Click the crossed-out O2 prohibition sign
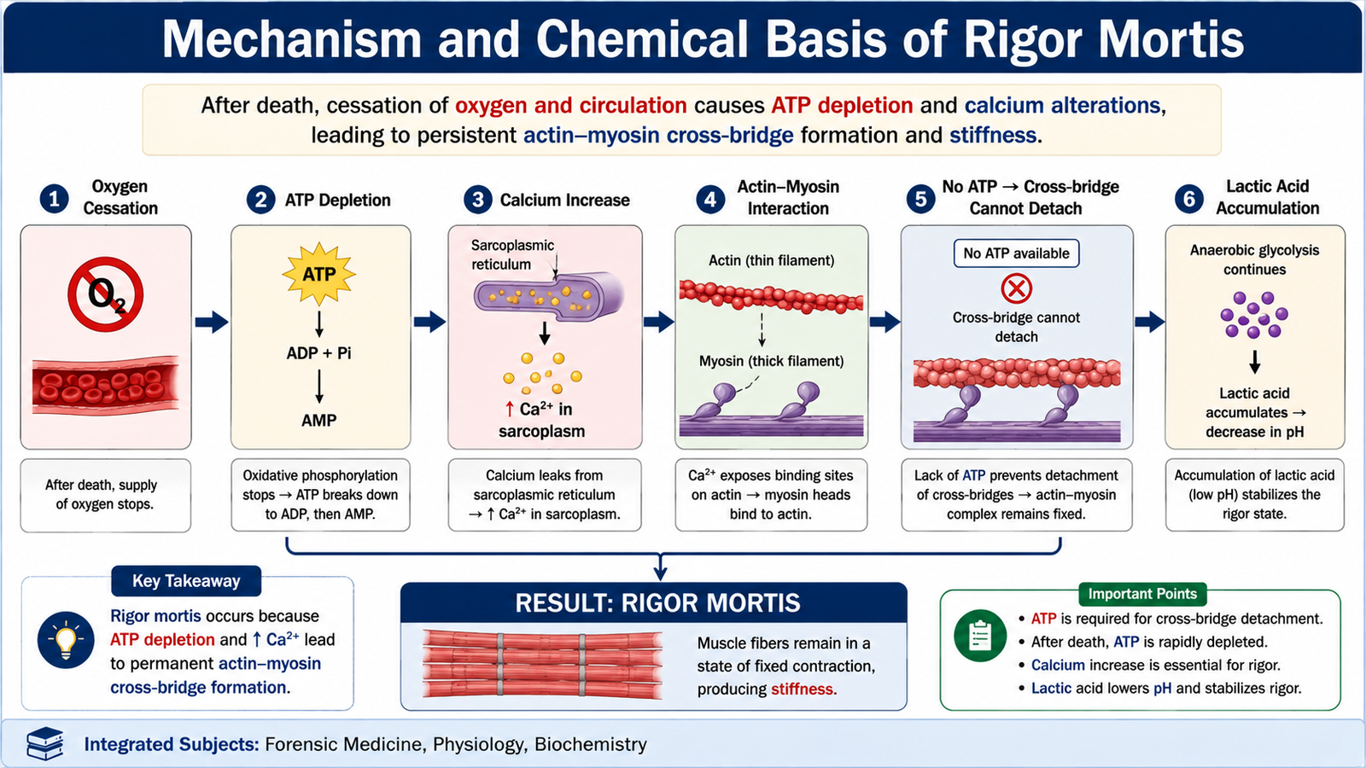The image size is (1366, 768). tap(106, 294)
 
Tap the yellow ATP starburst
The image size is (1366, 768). tap(319, 274)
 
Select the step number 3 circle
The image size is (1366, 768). tap(477, 200)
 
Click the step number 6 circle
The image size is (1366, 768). tap(1189, 199)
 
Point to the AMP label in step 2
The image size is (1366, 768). tap(319, 420)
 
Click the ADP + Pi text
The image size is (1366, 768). tap(319, 353)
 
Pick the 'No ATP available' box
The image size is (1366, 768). tap(1016, 253)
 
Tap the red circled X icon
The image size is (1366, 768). tap(1017, 288)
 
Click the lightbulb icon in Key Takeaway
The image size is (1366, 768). tap(66, 640)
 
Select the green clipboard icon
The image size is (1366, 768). tap(980, 636)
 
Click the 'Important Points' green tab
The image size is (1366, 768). tap(1142, 594)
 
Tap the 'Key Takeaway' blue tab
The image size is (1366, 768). tap(186, 581)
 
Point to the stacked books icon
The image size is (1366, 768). tap(45, 743)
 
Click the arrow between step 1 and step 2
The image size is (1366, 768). tap(212, 322)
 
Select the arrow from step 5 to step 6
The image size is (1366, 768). tap(1149, 321)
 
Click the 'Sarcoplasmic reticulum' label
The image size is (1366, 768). tap(512, 255)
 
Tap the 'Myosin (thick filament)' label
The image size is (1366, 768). tap(772, 361)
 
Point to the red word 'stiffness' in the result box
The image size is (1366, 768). tap(802, 689)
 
